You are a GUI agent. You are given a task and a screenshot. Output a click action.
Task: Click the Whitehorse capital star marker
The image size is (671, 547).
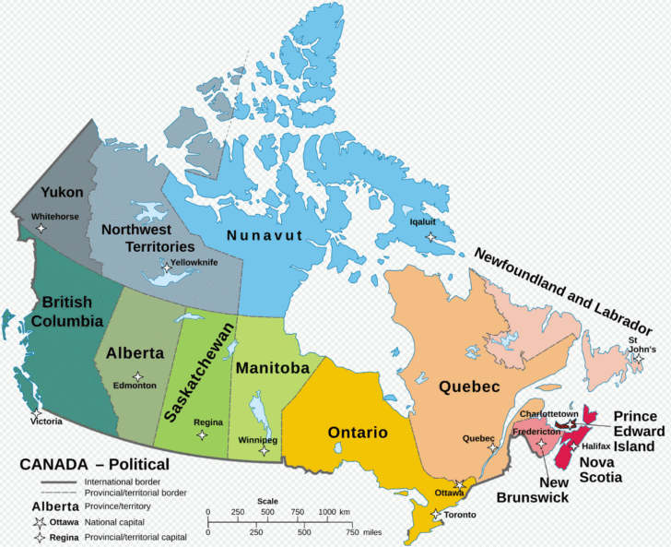coord(41,228)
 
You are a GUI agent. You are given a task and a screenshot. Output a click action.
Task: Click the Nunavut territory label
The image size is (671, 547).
coord(265,236)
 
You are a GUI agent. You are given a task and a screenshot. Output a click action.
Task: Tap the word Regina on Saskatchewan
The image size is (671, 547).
coord(208,422)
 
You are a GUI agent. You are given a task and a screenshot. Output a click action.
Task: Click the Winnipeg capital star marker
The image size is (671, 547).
coord(265,451)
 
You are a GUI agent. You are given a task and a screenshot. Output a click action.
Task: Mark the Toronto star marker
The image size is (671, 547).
coord(434,513)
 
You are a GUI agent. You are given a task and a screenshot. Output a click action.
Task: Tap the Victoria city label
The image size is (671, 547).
coord(44,422)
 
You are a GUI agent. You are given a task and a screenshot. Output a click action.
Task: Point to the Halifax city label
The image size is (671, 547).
coord(595,446)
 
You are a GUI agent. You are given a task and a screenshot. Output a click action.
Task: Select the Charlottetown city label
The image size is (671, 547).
coord(548,414)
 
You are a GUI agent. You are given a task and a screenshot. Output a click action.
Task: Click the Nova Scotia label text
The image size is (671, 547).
coord(600,469)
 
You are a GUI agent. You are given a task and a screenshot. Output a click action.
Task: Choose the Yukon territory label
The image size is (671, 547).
coord(62,192)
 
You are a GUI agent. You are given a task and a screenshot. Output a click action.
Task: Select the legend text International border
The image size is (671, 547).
coord(123,482)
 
